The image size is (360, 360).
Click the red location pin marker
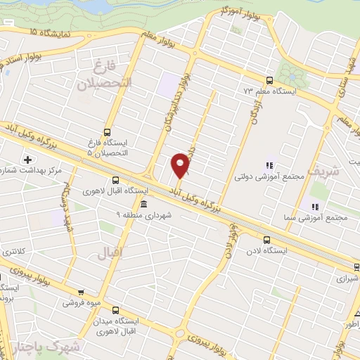[181, 165]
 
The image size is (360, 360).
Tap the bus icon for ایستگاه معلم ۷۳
[270, 80]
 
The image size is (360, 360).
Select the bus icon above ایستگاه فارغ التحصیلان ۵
[107, 131]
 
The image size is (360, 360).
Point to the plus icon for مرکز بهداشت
[27, 159]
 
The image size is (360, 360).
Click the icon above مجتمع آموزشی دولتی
[269, 165]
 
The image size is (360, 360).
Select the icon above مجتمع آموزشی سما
[315, 206]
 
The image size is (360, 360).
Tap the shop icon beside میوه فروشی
[82, 292]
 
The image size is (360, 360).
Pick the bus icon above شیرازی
[356, 266]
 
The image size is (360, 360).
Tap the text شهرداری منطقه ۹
[143, 214]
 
